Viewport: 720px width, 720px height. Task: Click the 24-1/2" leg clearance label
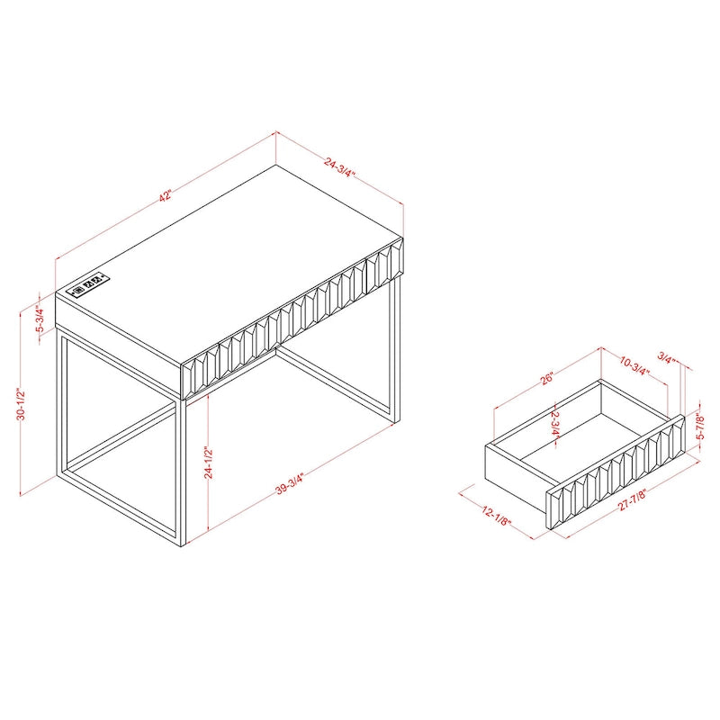(x=209, y=463)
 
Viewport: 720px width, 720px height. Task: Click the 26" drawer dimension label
(x=546, y=380)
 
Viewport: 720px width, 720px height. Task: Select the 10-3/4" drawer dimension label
(x=635, y=365)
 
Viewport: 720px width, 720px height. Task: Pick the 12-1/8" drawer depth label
(x=494, y=515)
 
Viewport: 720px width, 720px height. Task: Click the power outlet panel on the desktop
(x=88, y=289)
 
